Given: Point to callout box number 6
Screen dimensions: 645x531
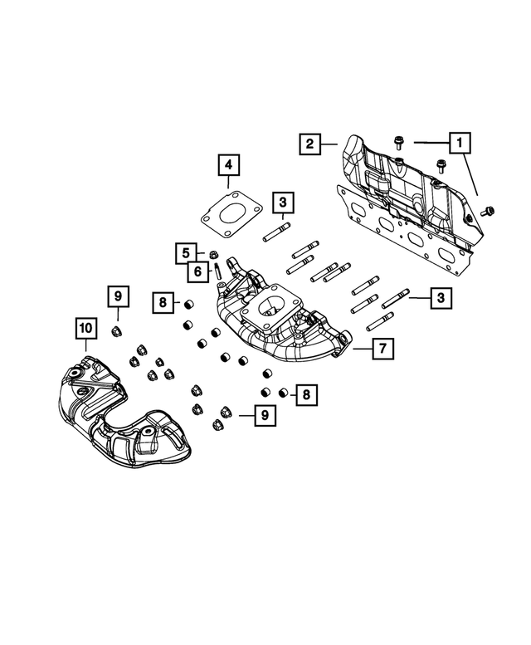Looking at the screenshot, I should tap(198, 271).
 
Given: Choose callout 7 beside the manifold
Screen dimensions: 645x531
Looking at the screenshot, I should tap(382, 349).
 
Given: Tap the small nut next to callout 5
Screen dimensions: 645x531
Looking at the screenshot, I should tap(212, 254).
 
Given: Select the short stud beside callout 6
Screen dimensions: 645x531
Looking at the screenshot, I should tap(217, 271).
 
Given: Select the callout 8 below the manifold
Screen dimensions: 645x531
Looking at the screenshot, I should tap(305, 395).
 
